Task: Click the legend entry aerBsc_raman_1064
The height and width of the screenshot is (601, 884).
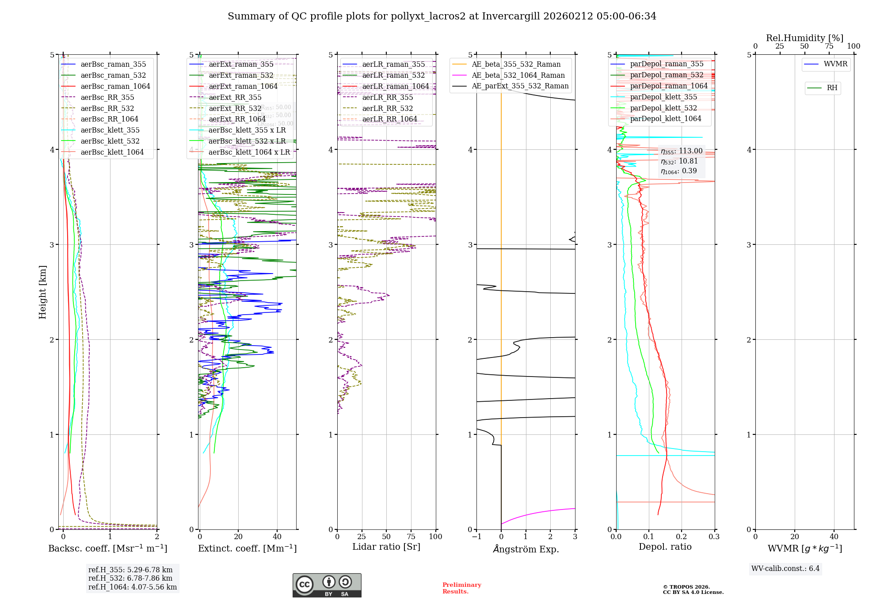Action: coord(115,87)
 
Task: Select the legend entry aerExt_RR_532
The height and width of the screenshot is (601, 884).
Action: coord(235,109)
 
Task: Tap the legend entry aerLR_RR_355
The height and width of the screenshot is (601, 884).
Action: coord(387,98)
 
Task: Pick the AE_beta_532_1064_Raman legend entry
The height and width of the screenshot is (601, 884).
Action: coord(518,76)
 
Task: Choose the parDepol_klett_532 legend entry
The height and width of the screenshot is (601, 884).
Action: coord(663,108)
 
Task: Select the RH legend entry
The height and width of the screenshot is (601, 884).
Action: coord(832,88)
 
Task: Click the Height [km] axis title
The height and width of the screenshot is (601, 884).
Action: coord(42,292)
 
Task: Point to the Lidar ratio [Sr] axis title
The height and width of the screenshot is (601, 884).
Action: coord(386,547)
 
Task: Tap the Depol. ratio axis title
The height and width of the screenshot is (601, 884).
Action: coord(665,547)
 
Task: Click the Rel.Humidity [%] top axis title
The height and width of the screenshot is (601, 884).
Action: coord(804,38)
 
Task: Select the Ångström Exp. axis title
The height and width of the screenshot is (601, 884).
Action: coord(526,549)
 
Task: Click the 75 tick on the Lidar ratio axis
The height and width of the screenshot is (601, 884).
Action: coord(411,537)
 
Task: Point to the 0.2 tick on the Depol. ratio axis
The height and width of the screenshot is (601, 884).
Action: coord(682,537)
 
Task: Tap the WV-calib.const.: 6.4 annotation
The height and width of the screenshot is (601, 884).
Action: coord(785,569)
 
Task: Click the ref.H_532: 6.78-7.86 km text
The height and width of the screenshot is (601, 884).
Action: coord(130,578)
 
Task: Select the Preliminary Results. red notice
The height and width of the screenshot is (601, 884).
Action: coord(461,588)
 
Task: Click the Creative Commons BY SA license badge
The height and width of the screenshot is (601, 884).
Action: coord(327,586)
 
